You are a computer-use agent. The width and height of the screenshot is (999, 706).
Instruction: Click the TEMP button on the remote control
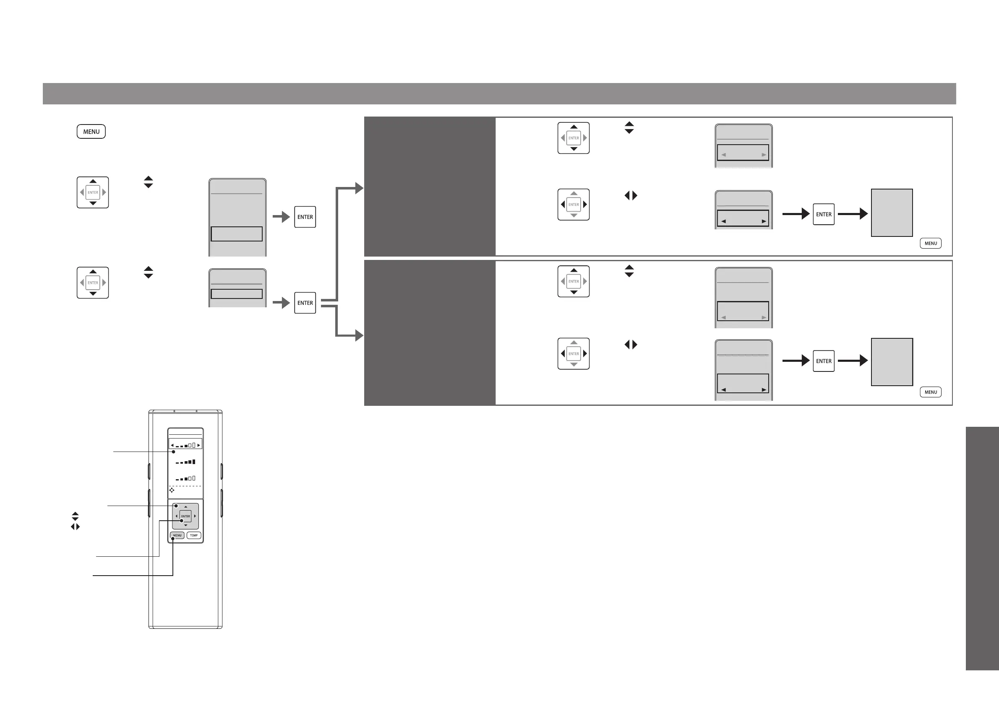tap(193, 535)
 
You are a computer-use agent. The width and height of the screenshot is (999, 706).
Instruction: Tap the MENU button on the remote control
tap(177, 535)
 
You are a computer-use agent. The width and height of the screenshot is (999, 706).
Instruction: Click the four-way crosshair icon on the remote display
tap(172, 490)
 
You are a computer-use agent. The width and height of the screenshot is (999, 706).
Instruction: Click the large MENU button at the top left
tap(91, 131)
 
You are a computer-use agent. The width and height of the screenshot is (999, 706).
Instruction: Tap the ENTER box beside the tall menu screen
tap(305, 217)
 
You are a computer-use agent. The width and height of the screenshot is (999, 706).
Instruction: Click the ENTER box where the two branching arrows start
tap(305, 303)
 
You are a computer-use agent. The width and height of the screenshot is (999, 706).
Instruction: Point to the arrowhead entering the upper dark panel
tap(359, 188)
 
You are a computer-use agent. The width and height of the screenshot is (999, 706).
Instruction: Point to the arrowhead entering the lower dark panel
tap(359, 336)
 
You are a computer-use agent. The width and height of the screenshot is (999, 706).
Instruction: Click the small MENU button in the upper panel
tap(931, 243)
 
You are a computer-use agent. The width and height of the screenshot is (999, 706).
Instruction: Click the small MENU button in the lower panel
tap(931, 392)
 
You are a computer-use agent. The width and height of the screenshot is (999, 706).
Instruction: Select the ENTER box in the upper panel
tap(824, 214)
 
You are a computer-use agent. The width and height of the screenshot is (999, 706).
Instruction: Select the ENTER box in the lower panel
tap(824, 361)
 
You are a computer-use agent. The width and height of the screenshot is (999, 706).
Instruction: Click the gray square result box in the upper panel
tap(892, 213)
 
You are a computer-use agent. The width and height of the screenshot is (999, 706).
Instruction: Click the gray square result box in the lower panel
tap(892, 362)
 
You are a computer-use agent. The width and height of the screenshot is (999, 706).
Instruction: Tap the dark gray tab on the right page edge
tap(983, 548)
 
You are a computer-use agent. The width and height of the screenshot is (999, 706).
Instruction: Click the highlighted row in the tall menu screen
tap(237, 234)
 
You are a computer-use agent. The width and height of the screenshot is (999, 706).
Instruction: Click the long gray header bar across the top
tap(499, 93)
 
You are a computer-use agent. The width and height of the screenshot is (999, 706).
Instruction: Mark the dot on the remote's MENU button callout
tap(173, 539)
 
